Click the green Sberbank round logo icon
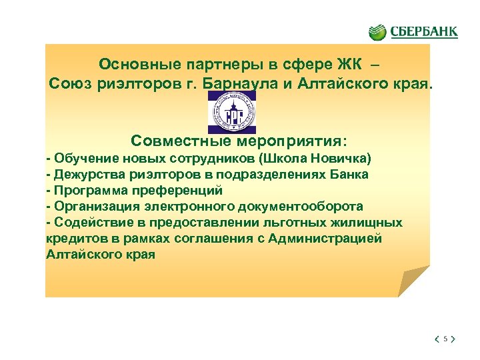377,31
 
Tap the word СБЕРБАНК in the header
423,31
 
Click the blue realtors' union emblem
231,113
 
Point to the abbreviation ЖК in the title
349,65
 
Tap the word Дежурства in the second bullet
85,175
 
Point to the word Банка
350,175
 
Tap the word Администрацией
326,239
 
